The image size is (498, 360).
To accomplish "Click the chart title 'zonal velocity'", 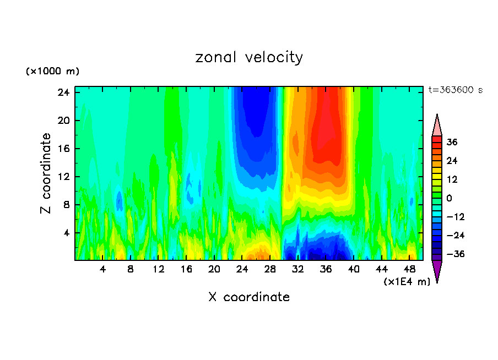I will (x=249, y=57).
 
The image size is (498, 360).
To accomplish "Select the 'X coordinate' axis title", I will (x=249, y=297).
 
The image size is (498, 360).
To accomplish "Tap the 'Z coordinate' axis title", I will (x=46, y=173).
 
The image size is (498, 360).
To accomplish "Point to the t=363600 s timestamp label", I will (x=455, y=90).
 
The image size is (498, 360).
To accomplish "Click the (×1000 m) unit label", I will (x=52, y=72).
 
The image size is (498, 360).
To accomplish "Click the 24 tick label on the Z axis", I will (x=63, y=92).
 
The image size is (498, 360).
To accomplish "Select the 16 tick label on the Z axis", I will (x=63, y=149).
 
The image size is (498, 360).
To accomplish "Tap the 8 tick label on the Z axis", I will (x=66, y=205).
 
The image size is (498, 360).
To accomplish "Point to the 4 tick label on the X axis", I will (x=103, y=269).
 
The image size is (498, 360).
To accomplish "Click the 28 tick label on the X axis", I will (x=270, y=269).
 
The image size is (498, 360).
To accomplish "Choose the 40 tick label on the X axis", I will (x=354, y=269).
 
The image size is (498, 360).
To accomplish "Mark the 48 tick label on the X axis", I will (x=409, y=269).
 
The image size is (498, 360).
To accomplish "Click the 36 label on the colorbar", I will (x=452, y=142).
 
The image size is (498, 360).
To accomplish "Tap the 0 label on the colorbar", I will (x=450, y=198).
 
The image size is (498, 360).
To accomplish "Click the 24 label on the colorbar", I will (x=452, y=161).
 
